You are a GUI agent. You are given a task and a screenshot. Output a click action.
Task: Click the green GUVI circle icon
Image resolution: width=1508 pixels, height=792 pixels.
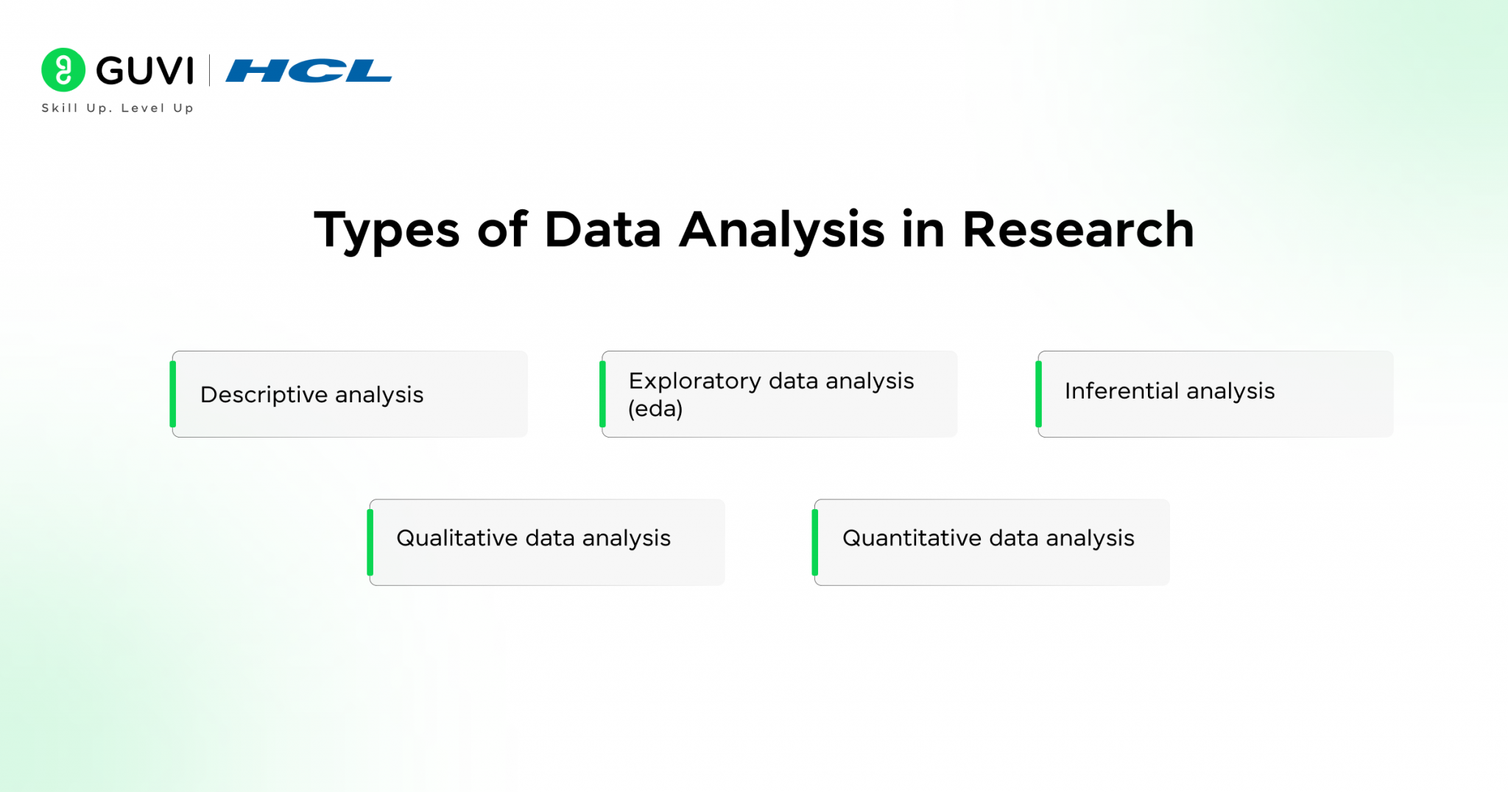[x=63, y=70]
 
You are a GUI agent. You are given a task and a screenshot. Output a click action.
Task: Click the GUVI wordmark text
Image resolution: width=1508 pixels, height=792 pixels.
[x=145, y=71]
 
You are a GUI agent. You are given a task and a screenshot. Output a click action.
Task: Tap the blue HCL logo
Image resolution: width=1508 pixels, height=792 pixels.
[x=309, y=71]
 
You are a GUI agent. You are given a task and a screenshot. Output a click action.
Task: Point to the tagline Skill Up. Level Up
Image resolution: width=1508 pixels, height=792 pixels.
[x=117, y=108]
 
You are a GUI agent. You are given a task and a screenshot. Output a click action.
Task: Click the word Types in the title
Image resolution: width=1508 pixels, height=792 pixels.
[x=387, y=230]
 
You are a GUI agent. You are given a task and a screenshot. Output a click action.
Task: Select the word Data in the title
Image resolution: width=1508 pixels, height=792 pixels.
[x=602, y=230]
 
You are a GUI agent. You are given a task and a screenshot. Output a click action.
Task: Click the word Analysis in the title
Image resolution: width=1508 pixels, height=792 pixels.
[x=781, y=230]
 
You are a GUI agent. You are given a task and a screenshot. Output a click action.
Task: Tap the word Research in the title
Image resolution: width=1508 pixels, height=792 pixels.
[x=1078, y=230]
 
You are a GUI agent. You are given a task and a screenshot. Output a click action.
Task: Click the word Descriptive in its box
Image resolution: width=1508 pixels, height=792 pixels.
[x=264, y=395]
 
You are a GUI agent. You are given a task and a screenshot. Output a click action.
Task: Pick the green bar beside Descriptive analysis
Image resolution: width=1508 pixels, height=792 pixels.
[x=173, y=394]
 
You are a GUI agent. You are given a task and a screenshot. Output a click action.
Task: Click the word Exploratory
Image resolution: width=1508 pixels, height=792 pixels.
[x=694, y=381]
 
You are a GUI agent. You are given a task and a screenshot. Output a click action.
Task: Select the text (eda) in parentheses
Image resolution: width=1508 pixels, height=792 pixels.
[x=655, y=408]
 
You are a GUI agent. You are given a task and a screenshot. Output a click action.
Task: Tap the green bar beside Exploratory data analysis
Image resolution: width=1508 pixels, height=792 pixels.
[x=602, y=394]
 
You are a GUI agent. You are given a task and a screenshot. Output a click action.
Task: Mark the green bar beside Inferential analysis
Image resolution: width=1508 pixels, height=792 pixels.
[x=1038, y=394]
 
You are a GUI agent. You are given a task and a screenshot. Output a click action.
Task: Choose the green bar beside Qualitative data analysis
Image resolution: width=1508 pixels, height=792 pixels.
[x=370, y=542]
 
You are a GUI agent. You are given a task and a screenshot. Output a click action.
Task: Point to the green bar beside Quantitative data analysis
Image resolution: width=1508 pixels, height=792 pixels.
[x=815, y=542]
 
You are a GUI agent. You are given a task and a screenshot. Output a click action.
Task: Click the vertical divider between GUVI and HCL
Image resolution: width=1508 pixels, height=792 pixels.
[x=210, y=70]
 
